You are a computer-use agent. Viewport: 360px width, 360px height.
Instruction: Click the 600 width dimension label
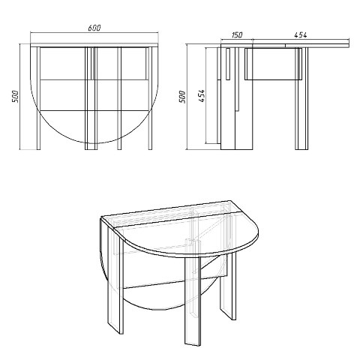click(94, 28)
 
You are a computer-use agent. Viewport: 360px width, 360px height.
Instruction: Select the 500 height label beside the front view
click(15, 96)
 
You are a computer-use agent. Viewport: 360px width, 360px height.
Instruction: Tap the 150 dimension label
click(236, 35)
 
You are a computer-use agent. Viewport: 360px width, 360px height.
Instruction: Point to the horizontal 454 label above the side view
click(300, 35)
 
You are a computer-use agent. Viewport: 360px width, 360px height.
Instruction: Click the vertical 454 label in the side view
click(202, 96)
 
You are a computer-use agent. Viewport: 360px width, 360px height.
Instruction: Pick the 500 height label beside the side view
click(182, 97)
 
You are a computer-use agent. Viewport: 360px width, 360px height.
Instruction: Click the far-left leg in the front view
click(38, 98)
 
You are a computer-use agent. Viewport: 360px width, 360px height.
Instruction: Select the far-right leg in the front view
click(150, 98)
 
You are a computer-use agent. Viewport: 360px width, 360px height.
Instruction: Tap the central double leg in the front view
click(91, 98)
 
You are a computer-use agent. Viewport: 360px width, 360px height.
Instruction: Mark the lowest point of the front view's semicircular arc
click(94, 143)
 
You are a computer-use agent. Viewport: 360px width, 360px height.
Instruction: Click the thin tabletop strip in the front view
click(94, 45)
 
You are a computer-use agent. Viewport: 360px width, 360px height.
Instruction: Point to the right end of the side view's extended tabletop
click(349, 43)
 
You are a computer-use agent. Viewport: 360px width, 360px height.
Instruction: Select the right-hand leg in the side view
click(301, 98)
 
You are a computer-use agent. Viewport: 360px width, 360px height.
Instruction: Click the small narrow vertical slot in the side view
click(228, 64)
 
